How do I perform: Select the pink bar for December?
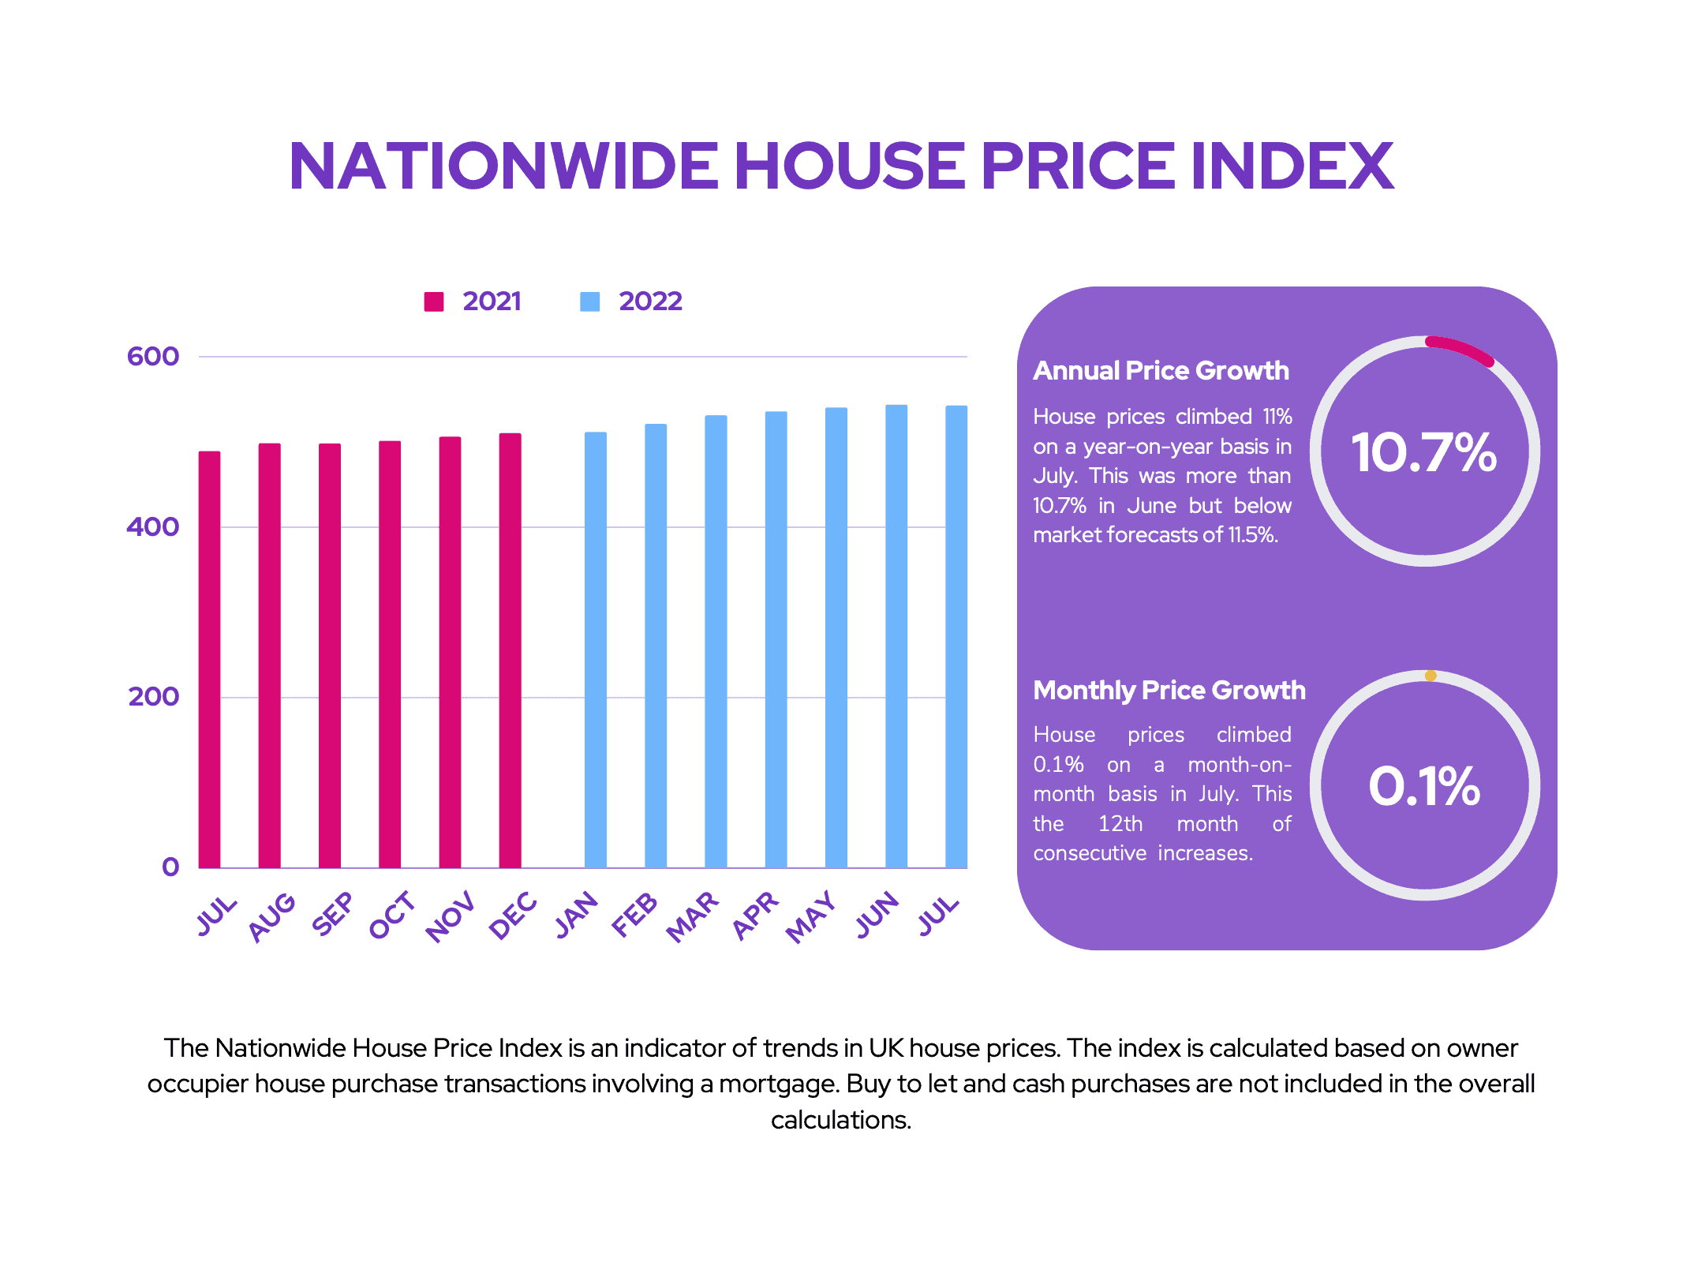(x=510, y=650)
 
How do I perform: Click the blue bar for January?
(x=596, y=650)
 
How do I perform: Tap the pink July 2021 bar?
(x=209, y=659)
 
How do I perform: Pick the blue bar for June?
(x=896, y=636)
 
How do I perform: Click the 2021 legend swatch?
(x=434, y=301)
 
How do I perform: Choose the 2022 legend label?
(x=650, y=301)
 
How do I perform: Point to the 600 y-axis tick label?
(x=153, y=356)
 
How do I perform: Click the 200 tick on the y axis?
(x=153, y=697)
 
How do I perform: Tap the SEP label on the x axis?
(x=333, y=914)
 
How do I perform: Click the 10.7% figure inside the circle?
(x=1424, y=453)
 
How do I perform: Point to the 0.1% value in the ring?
(x=1424, y=787)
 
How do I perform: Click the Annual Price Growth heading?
(x=1161, y=371)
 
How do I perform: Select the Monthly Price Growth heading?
(x=1169, y=691)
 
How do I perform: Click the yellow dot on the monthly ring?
(x=1431, y=676)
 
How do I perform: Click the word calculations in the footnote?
(x=841, y=1120)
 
